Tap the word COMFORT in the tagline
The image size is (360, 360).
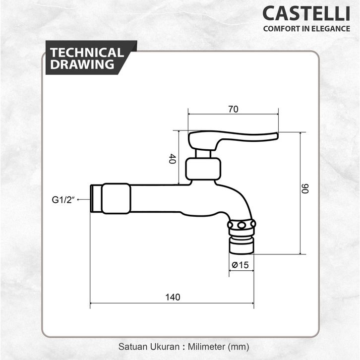pyautogui.click(x=279, y=28)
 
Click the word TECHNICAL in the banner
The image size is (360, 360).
pyautogui.click(x=87, y=53)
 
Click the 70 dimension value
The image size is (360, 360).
pyautogui.click(x=234, y=110)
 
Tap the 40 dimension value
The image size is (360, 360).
pyautogui.click(x=172, y=159)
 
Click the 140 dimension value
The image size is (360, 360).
pyautogui.click(x=172, y=297)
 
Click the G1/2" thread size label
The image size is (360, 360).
pyautogui.click(x=63, y=199)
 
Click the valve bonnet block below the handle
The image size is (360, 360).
pyautogui.click(x=202, y=169)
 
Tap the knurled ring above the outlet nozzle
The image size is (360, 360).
pyautogui.click(x=241, y=226)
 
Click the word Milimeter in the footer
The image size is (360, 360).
pyautogui.click(x=204, y=346)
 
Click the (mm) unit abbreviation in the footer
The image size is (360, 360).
pyautogui.click(x=238, y=346)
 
